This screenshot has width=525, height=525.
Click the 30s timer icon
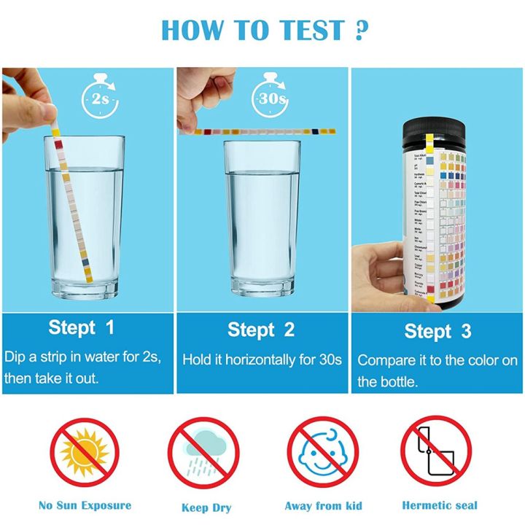[x=268, y=97]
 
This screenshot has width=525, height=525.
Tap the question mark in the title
[x=358, y=30]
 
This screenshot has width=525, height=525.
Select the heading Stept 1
[x=82, y=327]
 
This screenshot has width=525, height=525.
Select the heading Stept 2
[x=261, y=330]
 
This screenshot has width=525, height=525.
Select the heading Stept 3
[x=437, y=332]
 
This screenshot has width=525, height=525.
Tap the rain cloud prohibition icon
[x=203, y=453]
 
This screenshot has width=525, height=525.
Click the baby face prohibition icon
[x=322, y=453]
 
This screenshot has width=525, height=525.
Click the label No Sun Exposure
[x=85, y=505]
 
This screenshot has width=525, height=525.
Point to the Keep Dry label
[x=205, y=507]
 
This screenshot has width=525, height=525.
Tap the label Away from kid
[x=323, y=506]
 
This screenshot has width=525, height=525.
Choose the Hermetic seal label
[x=439, y=505]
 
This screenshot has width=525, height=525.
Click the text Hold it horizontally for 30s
[x=261, y=360]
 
